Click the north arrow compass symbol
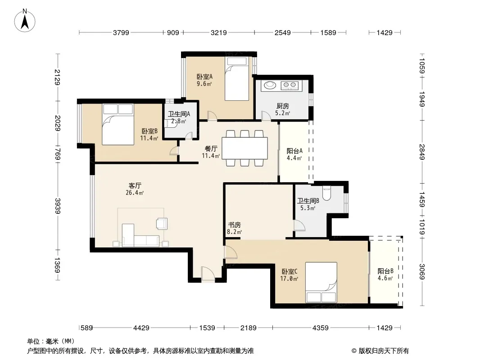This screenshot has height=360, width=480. pyautogui.click(x=25, y=21)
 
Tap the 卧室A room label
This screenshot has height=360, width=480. pyautogui.click(x=204, y=77)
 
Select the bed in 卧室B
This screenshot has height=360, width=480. pyautogui.click(x=118, y=124)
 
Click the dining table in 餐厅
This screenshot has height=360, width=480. pyautogui.click(x=245, y=148)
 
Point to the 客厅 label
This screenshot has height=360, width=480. pyautogui.click(x=135, y=186)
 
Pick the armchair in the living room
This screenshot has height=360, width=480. pyautogui.click(x=162, y=223)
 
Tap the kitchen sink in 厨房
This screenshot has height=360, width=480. pyautogui.click(x=270, y=85)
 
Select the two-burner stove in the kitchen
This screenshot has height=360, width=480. pyautogui.click(x=290, y=85)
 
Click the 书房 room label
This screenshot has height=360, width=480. pyautogui.click(x=234, y=225)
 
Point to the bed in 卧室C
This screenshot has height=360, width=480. pyautogui.click(x=321, y=282)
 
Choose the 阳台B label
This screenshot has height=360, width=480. pyautogui.click(x=385, y=271)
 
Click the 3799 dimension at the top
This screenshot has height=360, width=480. pyautogui.click(x=121, y=32)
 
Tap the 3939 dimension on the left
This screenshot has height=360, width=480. pyautogui.click(x=58, y=206)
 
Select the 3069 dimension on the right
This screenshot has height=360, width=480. pyautogui.click(x=422, y=271)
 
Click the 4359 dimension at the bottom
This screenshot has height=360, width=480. pyautogui.click(x=320, y=328)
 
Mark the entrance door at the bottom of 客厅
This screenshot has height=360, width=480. pyautogui.click(x=208, y=274)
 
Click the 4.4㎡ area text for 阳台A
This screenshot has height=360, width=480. pyautogui.click(x=294, y=158)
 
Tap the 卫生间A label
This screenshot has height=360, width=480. pyautogui.click(x=179, y=114)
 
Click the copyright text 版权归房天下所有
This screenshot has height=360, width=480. pyautogui.click(x=383, y=351)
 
